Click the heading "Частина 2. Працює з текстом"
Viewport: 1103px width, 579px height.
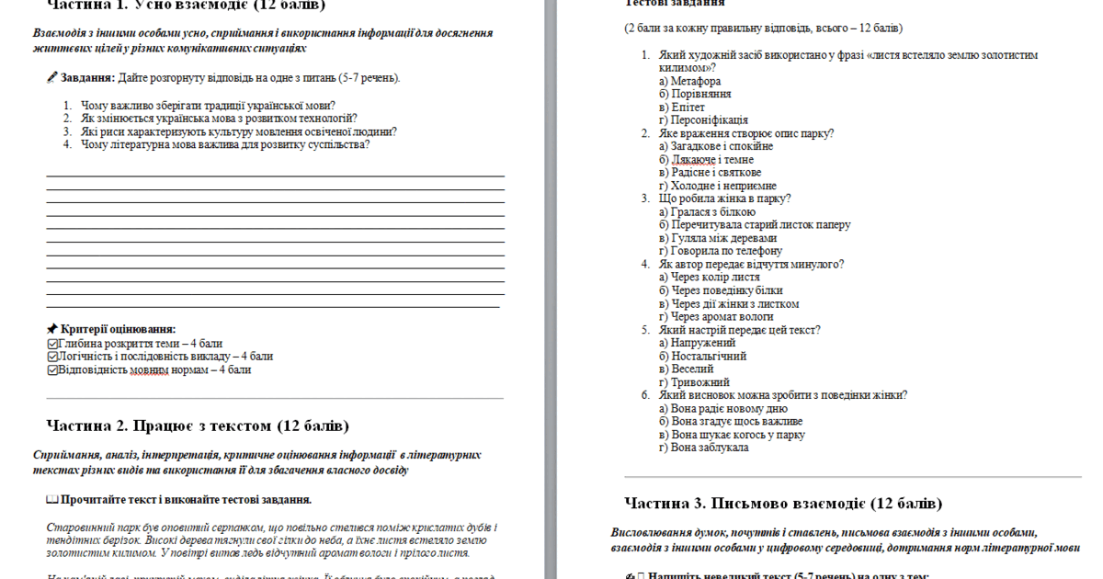point(198,426)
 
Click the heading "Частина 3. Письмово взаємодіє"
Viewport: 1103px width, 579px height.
point(783,504)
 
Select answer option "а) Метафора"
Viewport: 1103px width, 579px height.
point(689,81)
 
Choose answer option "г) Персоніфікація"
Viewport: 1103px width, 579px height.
point(703,119)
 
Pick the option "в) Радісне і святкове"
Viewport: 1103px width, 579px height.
point(710,172)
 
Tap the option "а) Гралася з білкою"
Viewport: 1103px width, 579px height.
point(707,211)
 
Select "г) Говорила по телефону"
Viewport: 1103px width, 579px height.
point(720,250)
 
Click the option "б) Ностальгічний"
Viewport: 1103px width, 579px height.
point(702,356)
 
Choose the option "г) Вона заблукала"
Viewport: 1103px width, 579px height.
point(703,448)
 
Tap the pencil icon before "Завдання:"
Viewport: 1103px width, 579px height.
point(51,78)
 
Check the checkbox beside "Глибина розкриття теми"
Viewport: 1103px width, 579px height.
point(52,344)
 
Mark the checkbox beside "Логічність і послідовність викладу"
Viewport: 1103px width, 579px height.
point(52,357)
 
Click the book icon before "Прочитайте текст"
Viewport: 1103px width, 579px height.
point(51,500)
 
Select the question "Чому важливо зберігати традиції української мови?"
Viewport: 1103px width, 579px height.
point(208,105)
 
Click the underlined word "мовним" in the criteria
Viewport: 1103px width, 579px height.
point(149,369)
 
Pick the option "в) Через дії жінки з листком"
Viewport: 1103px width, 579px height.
point(729,303)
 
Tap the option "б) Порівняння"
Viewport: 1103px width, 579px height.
point(695,94)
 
